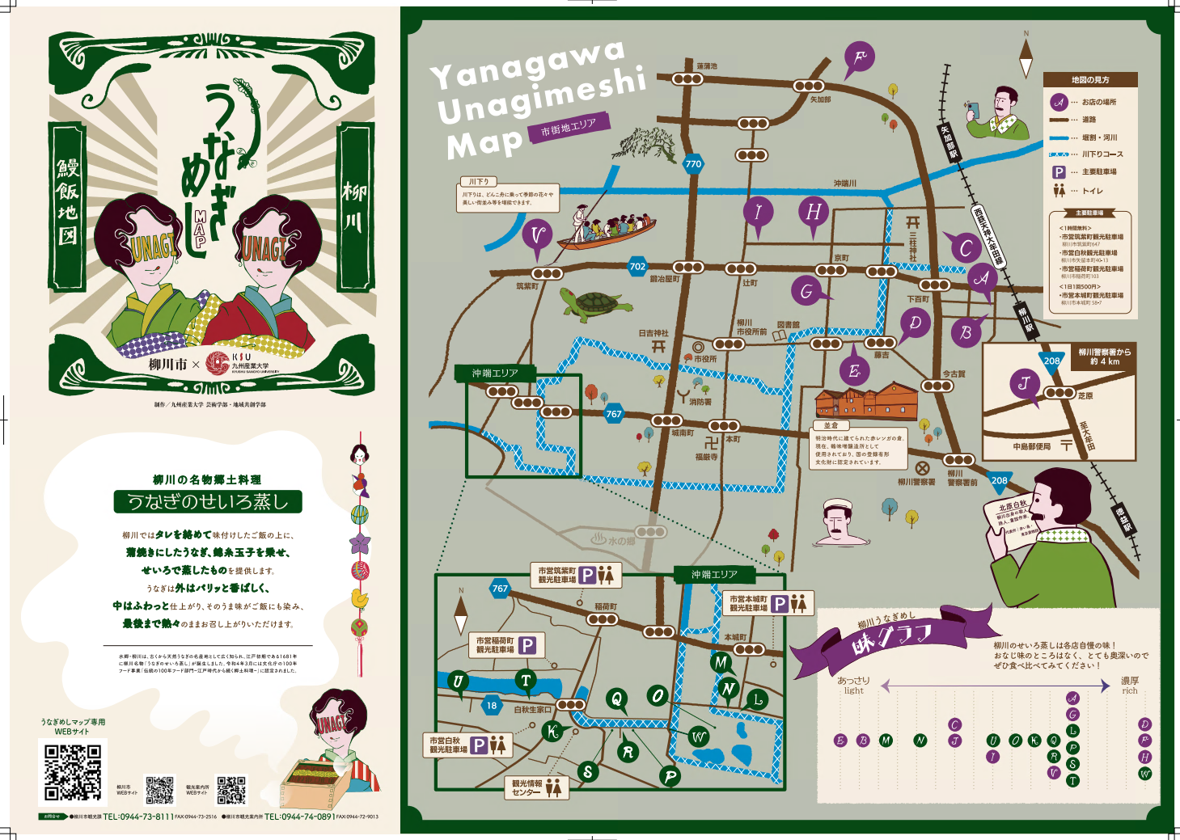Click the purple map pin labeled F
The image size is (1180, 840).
859,57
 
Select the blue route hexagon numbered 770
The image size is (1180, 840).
693,163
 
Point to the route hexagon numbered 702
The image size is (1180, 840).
637,266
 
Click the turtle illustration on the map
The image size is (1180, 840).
594,306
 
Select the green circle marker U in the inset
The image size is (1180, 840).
458,681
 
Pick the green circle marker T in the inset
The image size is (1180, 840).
526,681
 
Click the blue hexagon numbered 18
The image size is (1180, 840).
492,705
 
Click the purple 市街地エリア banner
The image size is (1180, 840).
569,128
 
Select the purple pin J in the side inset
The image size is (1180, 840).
1025,383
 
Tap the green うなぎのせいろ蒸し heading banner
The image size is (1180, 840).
208,501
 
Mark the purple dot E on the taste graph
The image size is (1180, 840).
840,741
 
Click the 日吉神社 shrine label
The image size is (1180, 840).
653,332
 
